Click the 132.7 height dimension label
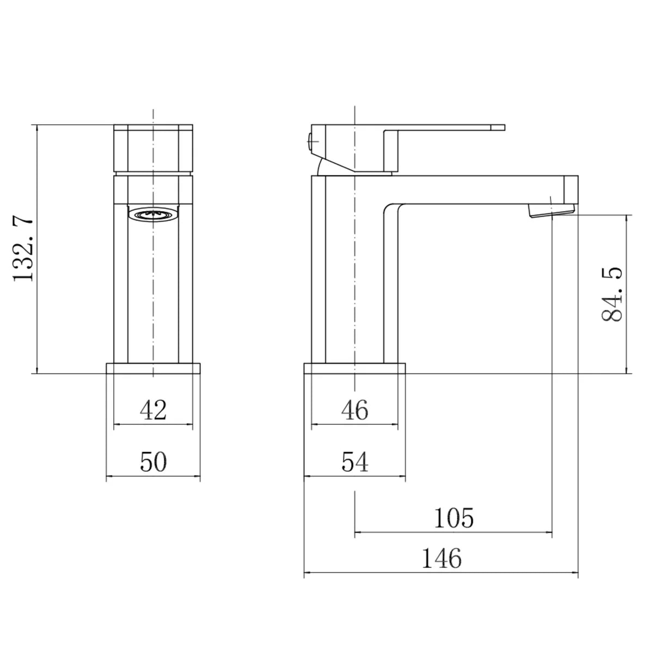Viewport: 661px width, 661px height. click(24, 249)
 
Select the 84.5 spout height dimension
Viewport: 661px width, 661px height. click(613, 295)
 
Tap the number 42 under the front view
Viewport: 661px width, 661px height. click(153, 409)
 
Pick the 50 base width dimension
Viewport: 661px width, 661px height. click(153, 462)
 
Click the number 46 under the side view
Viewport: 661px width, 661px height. click(354, 409)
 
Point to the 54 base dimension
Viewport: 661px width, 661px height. click(355, 462)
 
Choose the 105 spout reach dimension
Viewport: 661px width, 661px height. click(454, 518)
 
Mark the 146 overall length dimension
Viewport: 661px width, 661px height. click(441, 559)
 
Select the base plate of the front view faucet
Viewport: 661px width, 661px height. click(153, 368)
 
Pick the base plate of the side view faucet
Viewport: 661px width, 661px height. click(354, 368)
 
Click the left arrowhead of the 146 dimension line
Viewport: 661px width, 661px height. click(306, 573)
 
